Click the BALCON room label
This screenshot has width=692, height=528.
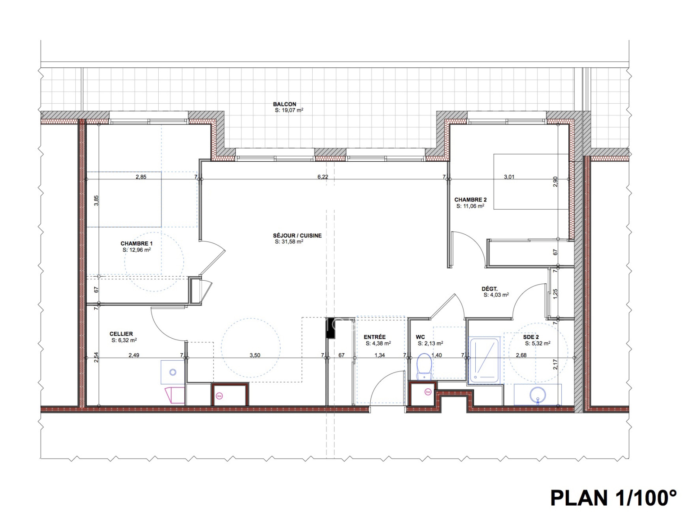[x=284, y=104]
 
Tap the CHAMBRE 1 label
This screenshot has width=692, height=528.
[x=136, y=243]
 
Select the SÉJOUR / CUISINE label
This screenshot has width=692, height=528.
[x=297, y=236]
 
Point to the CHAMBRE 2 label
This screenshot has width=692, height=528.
[x=470, y=200]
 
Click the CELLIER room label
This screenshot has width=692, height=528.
[x=121, y=334]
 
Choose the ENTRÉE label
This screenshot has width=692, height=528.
[x=375, y=337]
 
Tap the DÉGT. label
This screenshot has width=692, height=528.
[x=490, y=289]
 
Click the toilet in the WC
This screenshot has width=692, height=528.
[x=424, y=367]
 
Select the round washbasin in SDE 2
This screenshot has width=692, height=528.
[x=538, y=395]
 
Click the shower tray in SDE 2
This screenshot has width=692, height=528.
[x=484, y=360]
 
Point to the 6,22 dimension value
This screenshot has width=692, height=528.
[x=323, y=177]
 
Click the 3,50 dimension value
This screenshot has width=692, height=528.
[x=255, y=355]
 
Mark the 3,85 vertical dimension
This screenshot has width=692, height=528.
[x=96, y=201]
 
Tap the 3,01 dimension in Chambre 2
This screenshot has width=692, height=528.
[x=509, y=177]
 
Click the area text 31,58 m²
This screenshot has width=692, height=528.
[x=289, y=242]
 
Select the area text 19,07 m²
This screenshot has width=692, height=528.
[x=289, y=110]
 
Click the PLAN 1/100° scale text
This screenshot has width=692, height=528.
[x=613, y=498]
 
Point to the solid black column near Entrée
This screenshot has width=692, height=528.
[x=330, y=328]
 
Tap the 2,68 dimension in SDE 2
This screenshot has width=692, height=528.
[x=521, y=355]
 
